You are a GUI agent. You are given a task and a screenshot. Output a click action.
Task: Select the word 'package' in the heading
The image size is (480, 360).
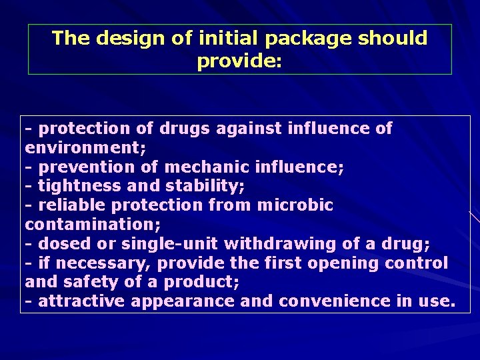point(301,38)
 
